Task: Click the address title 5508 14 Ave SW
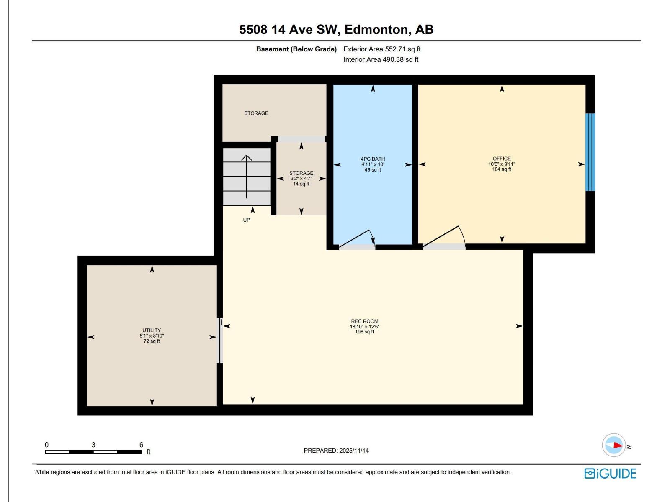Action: pyautogui.click(x=336, y=30)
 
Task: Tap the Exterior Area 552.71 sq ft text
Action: pyautogui.click(x=382, y=49)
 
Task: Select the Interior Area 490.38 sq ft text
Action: pyautogui.click(x=381, y=59)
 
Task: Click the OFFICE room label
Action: pyautogui.click(x=502, y=159)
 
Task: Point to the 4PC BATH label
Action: pyautogui.click(x=373, y=159)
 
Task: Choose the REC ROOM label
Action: pyautogui.click(x=364, y=321)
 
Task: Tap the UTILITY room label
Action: pyautogui.click(x=152, y=330)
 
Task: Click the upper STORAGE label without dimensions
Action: pyautogui.click(x=256, y=113)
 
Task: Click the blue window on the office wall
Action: pyautogui.click(x=590, y=152)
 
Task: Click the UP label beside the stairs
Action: pyautogui.click(x=247, y=220)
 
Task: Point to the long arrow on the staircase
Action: pyautogui.click(x=247, y=177)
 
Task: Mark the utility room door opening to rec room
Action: pyautogui.click(x=220, y=340)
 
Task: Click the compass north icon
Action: pyautogui.click(x=614, y=445)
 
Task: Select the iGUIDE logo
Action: pyautogui.click(x=610, y=474)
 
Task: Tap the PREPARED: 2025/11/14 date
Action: pyautogui.click(x=336, y=451)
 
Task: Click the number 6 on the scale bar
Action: pyautogui.click(x=142, y=445)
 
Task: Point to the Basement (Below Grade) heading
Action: pyautogui.click(x=296, y=49)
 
